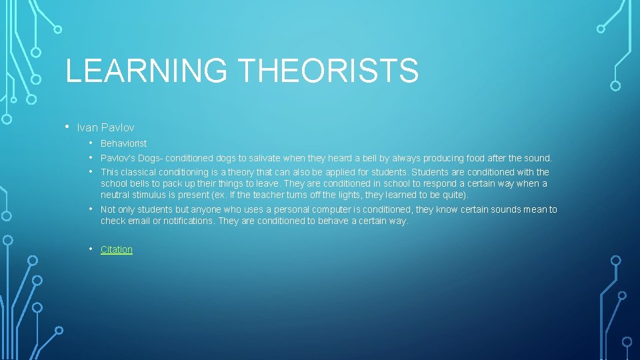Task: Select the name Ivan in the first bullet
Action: point(87,127)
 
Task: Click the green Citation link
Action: point(117,249)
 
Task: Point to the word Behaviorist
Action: point(123,143)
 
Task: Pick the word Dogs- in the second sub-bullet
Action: point(149,159)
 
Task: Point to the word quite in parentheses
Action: point(455,195)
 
